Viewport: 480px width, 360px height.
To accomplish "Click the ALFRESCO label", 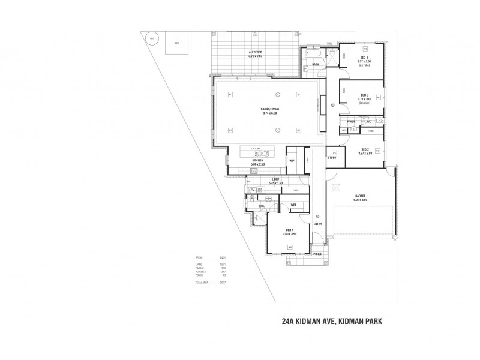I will pos(256,52).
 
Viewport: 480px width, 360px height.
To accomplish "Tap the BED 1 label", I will pos(289,230).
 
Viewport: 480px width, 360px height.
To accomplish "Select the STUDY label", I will pos(332,158).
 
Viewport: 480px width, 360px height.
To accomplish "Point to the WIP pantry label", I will pos(292,161).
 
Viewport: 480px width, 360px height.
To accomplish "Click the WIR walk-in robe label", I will pos(293,205).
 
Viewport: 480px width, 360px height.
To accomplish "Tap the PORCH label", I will pos(317,254).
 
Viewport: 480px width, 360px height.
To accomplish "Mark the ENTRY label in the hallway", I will pos(317,224).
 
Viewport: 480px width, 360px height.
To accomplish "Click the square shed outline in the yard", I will pos(176,43).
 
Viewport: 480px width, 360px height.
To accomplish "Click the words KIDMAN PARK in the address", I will pos(359,321).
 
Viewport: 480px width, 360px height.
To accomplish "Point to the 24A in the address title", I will pos(289,321).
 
